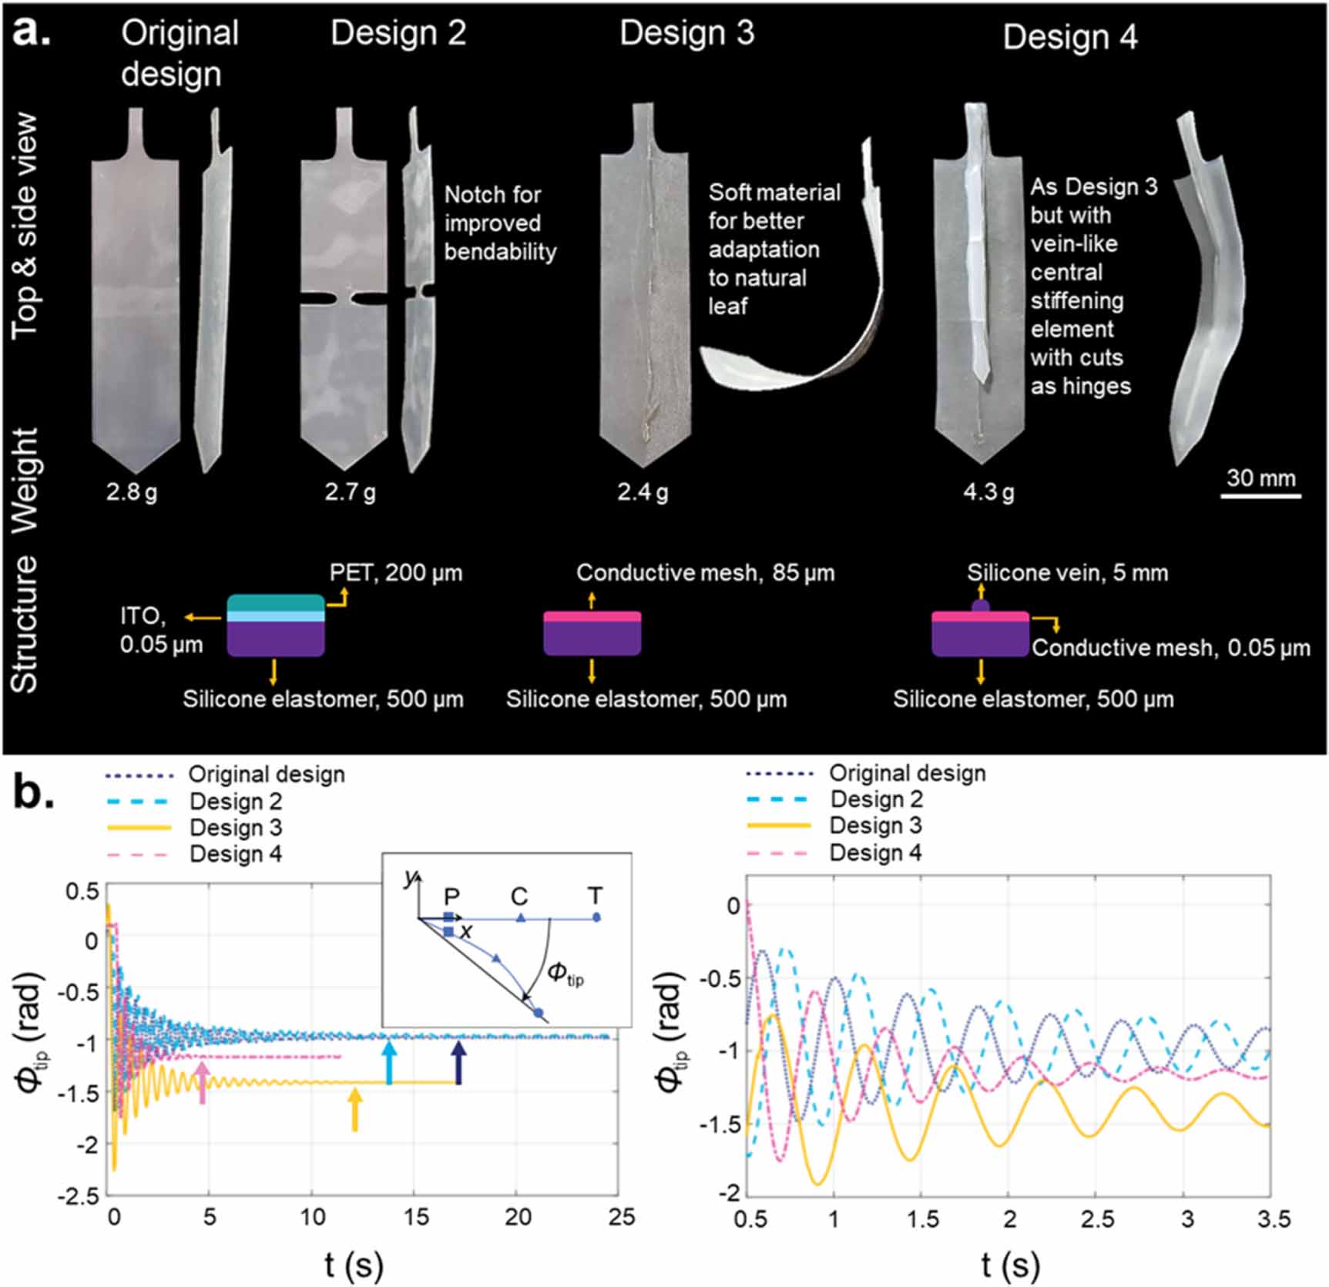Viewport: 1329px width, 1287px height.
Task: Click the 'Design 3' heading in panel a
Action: [x=686, y=34]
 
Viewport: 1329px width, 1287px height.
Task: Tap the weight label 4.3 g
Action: [x=988, y=491]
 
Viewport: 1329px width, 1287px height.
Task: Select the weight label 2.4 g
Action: [x=643, y=491]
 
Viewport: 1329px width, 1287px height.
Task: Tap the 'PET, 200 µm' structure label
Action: [x=396, y=573]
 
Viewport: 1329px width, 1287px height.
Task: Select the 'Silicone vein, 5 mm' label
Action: [x=1067, y=573]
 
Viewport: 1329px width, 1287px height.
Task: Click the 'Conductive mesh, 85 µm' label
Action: [x=705, y=573]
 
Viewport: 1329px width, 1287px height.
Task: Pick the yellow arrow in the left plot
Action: [x=354, y=1109]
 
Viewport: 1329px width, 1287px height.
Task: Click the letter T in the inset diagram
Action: [x=595, y=896]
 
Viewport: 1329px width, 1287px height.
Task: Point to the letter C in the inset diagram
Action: [x=519, y=897]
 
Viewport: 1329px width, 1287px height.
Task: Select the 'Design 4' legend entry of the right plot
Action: [x=874, y=853]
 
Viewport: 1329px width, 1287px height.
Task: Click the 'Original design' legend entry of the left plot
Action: [x=266, y=774]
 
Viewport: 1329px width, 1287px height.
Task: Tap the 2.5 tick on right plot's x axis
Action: [x=1097, y=1219]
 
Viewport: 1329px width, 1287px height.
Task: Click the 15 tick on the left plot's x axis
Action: [x=416, y=1217]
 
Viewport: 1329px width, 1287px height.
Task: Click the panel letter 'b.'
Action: [x=34, y=795]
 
